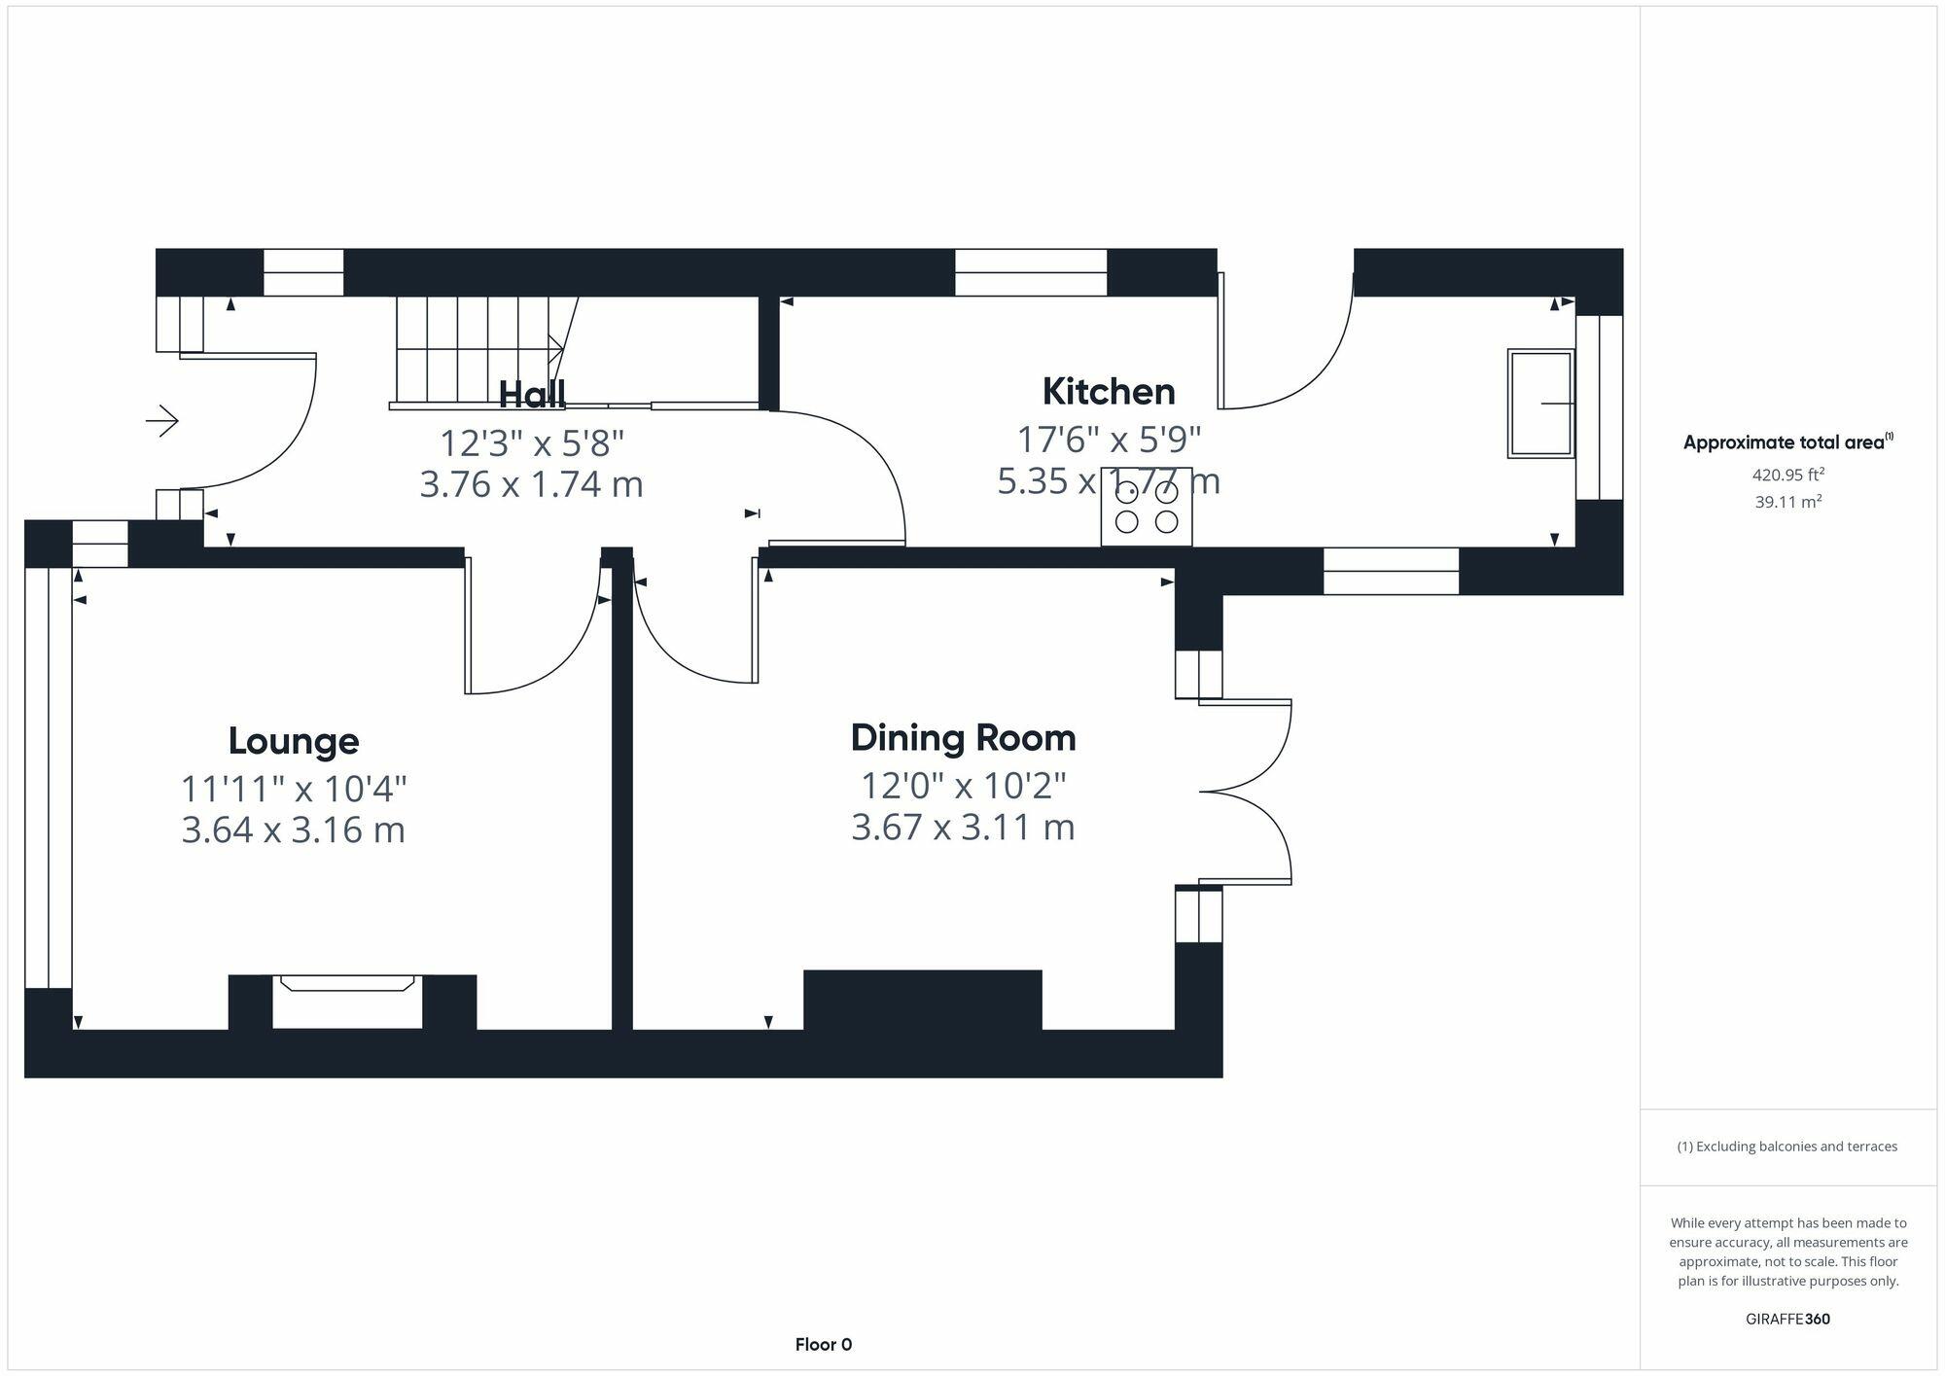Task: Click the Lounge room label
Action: [x=294, y=741]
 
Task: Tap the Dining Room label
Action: [x=963, y=738]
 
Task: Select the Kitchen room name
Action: [x=1109, y=392]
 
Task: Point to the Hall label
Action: [x=532, y=394]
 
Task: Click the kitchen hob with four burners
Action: [x=1147, y=507]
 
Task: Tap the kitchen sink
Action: [x=1540, y=403]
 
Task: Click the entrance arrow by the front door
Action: [x=162, y=421]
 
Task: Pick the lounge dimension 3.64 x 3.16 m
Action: [x=294, y=830]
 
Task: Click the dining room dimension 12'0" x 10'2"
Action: [x=963, y=785]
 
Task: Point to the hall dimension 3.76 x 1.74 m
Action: [x=532, y=484]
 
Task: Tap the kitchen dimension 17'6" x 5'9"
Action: [x=1109, y=440]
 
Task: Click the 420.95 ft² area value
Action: [x=1787, y=475]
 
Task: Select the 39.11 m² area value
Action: [x=1787, y=502]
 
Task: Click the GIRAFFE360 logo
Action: [x=1787, y=1320]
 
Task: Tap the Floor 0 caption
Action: [x=824, y=1345]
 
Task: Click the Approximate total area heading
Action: [x=1787, y=442]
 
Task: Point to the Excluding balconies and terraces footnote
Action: [x=1787, y=1147]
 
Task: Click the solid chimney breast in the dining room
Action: [x=923, y=1000]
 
